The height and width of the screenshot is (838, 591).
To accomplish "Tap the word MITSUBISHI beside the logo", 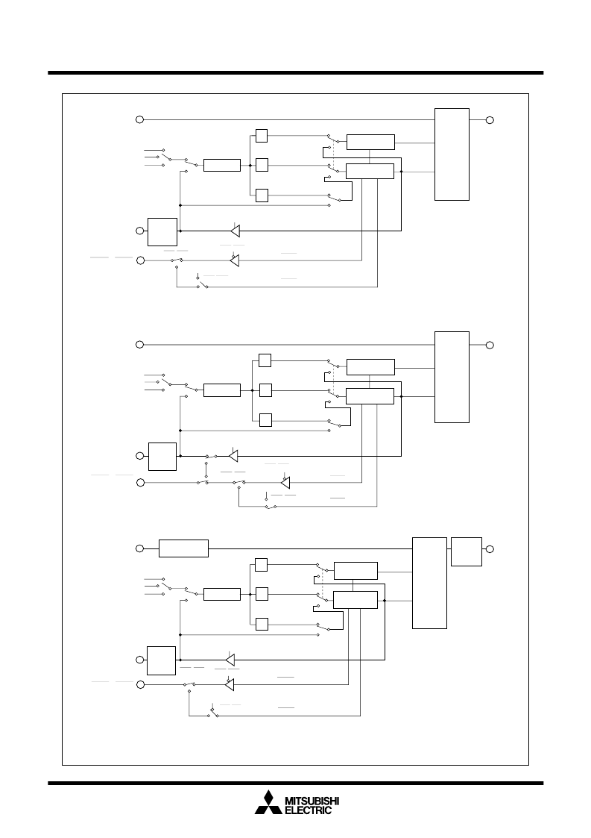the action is [x=312, y=801].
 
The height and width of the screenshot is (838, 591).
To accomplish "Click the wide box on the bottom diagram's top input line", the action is [x=183, y=548].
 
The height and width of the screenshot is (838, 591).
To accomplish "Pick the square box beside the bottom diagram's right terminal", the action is [x=467, y=551].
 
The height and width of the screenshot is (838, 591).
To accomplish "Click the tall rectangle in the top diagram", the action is [x=452, y=154].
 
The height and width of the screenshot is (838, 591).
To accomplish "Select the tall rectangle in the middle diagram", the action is [x=452, y=378].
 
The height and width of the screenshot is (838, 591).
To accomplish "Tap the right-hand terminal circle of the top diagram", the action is [x=490, y=120].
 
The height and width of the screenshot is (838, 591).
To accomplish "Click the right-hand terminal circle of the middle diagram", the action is [x=490, y=345].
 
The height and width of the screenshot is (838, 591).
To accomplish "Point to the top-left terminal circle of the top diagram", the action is [x=140, y=119].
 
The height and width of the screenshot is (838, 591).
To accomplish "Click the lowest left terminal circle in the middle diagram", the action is [x=140, y=483].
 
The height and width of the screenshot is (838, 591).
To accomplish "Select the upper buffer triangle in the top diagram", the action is [x=236, y=231].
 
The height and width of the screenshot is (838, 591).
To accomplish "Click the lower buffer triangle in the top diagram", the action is [x=234, y=261].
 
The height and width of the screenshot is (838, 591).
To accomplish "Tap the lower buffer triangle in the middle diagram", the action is [x=285, y=483].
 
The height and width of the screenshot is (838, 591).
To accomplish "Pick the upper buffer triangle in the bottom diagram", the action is [x=230, y=660].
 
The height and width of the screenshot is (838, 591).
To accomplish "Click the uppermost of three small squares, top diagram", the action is [x=262, y=136].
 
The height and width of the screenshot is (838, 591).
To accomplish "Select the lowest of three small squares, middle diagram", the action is [x=265, y=420].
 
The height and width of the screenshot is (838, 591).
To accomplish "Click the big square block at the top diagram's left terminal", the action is [x=162, y=232].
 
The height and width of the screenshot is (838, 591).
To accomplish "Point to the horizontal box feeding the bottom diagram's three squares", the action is [x=222, y=594].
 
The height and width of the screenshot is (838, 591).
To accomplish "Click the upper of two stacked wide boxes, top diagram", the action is [x=370, y=143].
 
